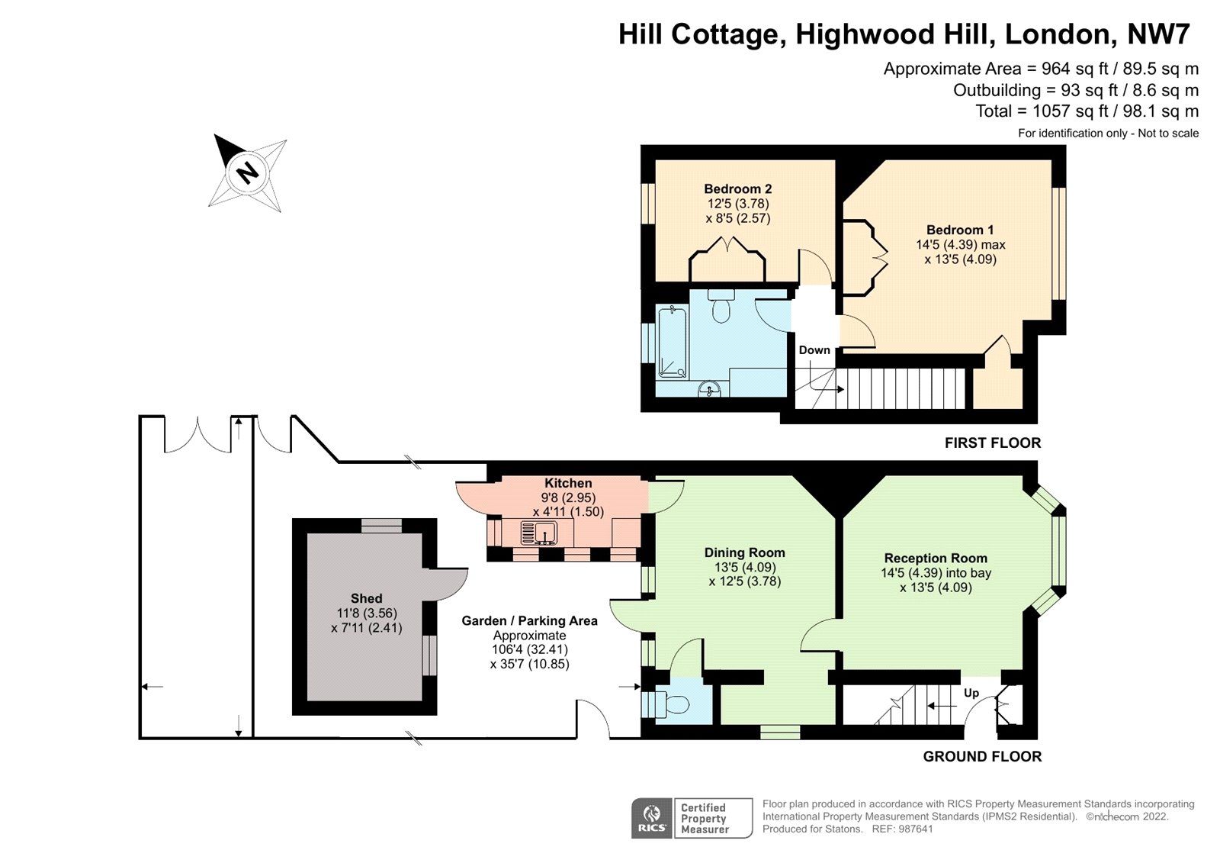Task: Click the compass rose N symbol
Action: coord(247,172)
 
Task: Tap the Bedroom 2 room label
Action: coord(737,189)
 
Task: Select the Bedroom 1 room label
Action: coord(960,230)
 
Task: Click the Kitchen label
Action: coord(568,483)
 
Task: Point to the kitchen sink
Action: coord(539,532)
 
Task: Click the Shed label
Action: coord(366,598)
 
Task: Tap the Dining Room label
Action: coord(744,552)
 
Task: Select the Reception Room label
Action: coord(936,558)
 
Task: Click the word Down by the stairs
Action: coord(814,350)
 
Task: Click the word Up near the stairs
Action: coord(971,693)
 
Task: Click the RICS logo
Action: coord(652,818)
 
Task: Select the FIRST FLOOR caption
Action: coord(992,443)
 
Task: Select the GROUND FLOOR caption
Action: coord(982,756)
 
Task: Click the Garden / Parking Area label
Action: coord(529,621)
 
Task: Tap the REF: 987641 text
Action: coord(903,829)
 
